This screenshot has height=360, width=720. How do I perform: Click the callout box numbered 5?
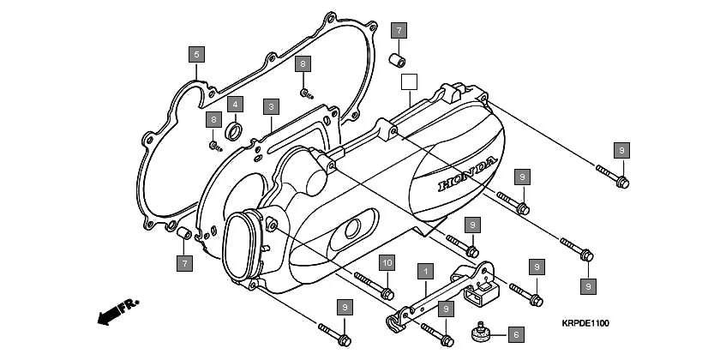click(196, 55)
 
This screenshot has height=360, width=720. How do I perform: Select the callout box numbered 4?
click(234, 104)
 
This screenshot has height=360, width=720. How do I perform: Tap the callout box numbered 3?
click(271, 106)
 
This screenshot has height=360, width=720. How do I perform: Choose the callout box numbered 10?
click(387, 262)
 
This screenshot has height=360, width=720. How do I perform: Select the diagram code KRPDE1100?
click(585, 323)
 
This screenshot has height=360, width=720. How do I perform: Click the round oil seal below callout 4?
click(232, 132)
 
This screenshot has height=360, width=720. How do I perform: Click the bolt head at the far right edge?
click(623, 181)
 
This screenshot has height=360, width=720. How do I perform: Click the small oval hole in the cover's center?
click(351, 229)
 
